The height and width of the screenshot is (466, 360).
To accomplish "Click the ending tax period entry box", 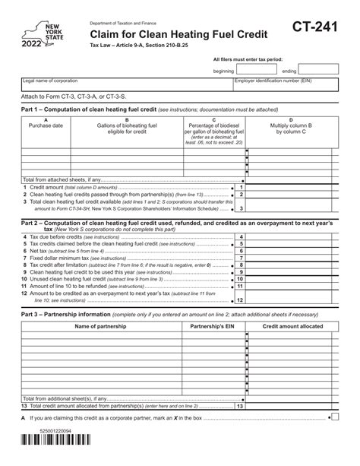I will [321, 71].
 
